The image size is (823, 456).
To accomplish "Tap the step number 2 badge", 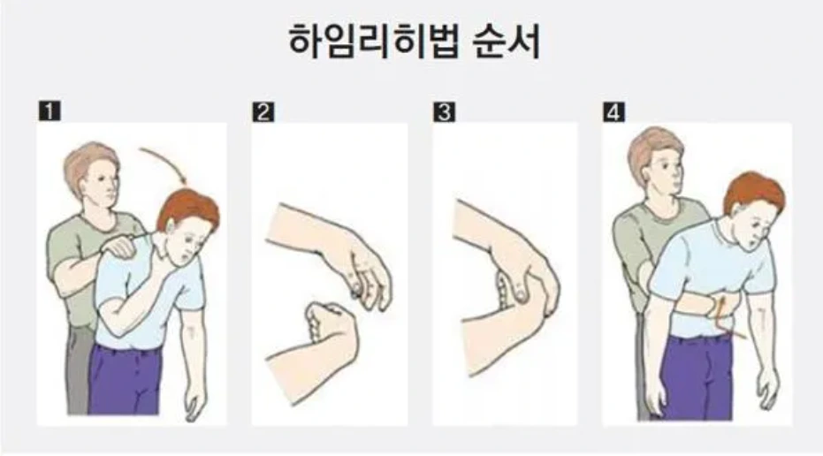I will click(263, 112).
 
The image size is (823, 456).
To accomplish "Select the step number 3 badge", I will click(443, 112).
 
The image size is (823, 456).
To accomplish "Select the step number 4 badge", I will click(613, 112).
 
